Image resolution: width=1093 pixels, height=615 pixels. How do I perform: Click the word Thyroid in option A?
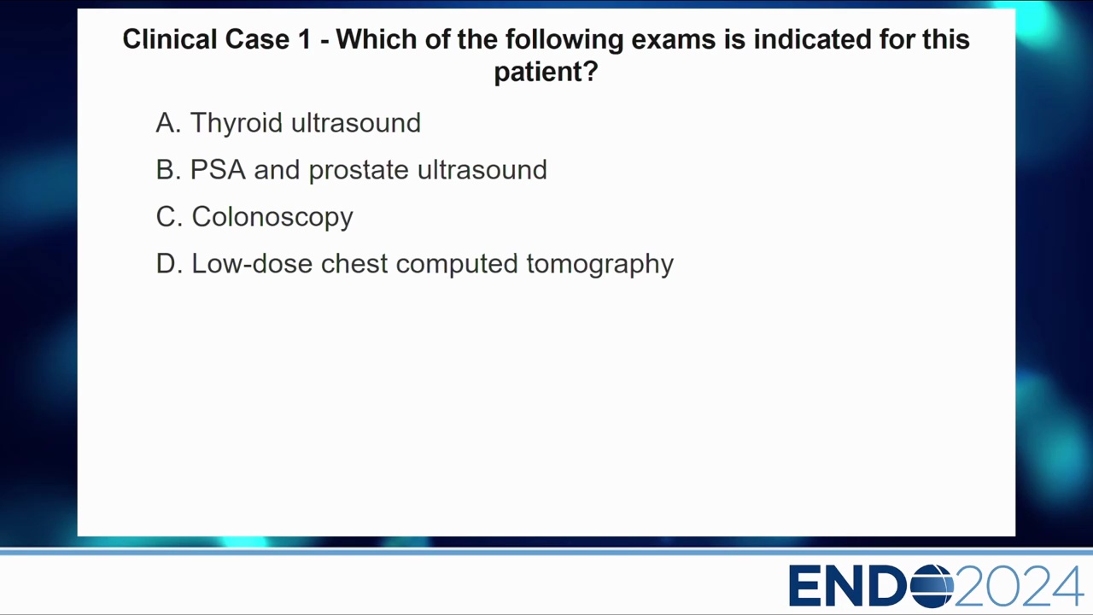coord(237,123)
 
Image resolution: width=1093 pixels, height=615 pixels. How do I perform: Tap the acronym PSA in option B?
coord(218,169)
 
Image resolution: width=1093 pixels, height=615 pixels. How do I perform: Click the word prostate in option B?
coord(359,170)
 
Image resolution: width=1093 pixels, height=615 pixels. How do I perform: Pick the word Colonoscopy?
coord(272,217)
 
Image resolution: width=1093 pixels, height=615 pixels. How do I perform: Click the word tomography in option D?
coord(600,265)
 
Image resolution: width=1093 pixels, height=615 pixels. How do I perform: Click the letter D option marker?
coord(169,264)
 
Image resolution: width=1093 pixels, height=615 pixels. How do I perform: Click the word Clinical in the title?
coord(170,39)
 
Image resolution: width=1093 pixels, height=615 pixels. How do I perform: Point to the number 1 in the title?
coord(305,39)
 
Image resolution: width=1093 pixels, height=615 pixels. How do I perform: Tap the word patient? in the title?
coord(546,73)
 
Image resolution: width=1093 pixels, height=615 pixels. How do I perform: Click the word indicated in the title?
coord(812,39)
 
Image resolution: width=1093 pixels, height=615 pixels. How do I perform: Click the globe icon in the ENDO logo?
coord(932,586)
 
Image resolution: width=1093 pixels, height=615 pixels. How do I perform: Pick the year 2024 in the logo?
coord(1019,586)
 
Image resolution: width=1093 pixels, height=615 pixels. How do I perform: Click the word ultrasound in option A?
coord(356,123)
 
